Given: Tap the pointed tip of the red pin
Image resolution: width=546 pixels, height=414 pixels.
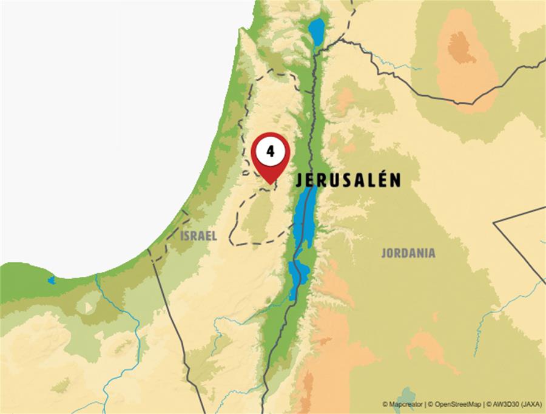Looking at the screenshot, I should point(270,182).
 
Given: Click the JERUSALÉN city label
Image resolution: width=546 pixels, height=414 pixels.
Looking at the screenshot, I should point(348,180).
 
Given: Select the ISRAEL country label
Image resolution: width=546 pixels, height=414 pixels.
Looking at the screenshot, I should point(198,236).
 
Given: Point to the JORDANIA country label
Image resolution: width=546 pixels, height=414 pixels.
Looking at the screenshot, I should point(408,253).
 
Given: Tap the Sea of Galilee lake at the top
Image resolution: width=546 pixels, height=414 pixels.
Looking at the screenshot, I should point(316,29).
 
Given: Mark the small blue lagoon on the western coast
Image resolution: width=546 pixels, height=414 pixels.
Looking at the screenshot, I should point(52,280).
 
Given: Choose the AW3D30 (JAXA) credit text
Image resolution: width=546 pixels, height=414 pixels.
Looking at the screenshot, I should point(517,404).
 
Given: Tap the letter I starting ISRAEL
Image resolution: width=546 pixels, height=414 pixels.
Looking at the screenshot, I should point(182,236).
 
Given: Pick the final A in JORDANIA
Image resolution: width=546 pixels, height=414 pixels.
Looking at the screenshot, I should point(431,253).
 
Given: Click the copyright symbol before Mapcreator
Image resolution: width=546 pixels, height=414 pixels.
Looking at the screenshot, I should point(385,404).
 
